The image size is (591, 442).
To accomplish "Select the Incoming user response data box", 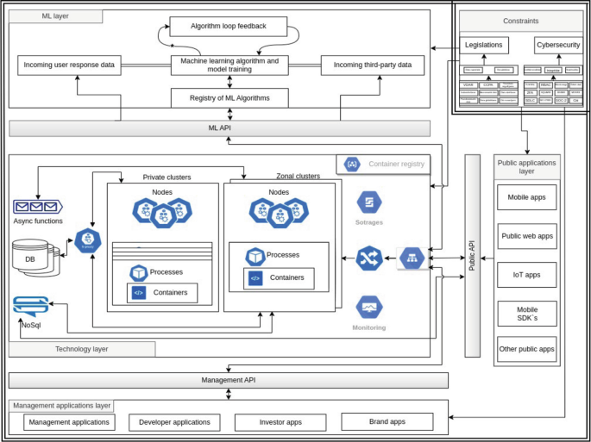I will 69,65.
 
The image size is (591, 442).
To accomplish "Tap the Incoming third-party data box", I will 373,65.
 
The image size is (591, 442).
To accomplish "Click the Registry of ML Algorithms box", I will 229,98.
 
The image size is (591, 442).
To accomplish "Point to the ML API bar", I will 219,128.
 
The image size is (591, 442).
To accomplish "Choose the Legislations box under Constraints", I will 486,45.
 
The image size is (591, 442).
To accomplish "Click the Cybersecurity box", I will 557,45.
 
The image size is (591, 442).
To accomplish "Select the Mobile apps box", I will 526,197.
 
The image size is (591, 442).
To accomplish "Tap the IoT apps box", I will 526,275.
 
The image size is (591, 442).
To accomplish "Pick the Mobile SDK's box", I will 526,314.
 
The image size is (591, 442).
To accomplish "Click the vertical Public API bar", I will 472,255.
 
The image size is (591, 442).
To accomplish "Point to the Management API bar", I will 228,380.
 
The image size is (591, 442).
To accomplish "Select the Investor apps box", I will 280,422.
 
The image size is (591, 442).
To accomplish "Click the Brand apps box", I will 386,421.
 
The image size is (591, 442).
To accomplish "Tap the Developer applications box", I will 174,422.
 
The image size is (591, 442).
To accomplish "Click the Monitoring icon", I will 369,307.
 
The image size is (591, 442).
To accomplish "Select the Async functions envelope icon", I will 36,207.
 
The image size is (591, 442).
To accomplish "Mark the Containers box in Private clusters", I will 162,293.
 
